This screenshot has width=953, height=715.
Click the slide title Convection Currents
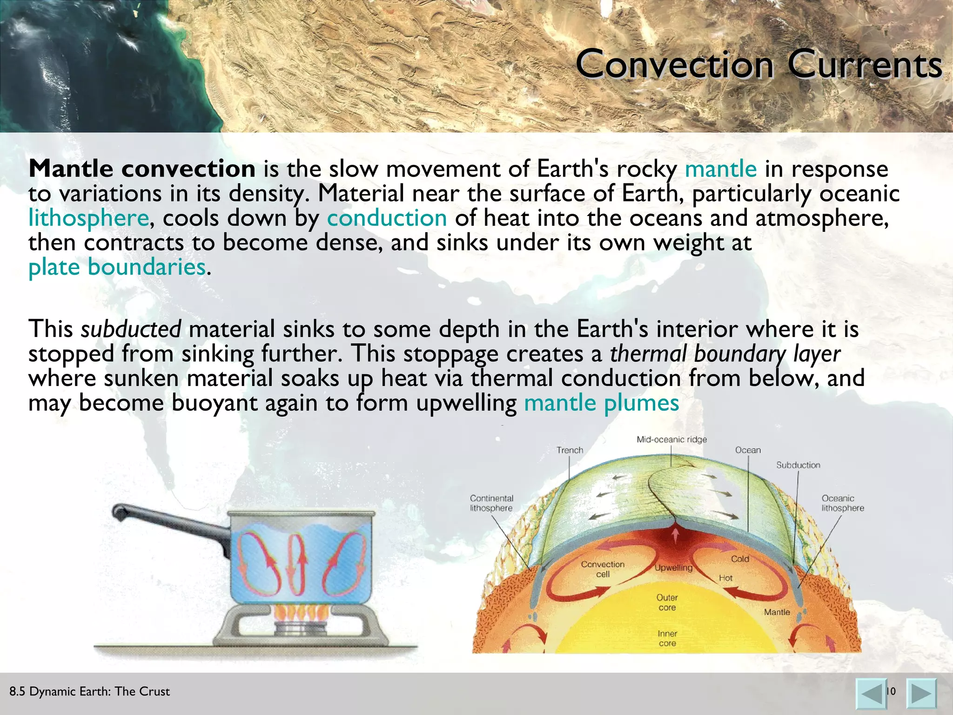coord(758,64)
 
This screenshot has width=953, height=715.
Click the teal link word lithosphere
coord(88,218)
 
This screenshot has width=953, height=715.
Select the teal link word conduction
coord(387,218)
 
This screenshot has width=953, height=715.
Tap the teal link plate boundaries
coord(117,267)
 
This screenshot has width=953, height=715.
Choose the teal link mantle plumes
coord(601,403)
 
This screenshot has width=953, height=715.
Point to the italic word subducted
coord(131,329)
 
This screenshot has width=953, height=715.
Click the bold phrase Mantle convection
coord(142,169)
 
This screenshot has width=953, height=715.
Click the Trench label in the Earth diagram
coord(570,450)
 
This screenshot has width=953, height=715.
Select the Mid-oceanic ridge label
coord(671,439)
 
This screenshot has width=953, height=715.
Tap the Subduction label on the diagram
coord(798,465)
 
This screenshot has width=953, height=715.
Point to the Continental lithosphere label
coord(491,503)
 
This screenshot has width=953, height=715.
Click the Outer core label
coord(667,602)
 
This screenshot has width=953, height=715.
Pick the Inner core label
coord(667,638)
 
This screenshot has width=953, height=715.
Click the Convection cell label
coord(603,569)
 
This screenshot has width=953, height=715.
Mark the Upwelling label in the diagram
coord(673,567)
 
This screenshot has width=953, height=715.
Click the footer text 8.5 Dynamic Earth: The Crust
coord(89,691)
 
